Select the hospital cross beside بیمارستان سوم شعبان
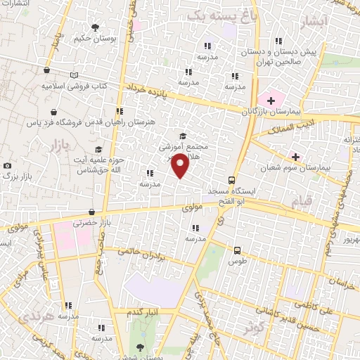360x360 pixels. coord(295,156)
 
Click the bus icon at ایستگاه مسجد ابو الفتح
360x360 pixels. coord(233,180)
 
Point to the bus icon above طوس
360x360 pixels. coord(236,250)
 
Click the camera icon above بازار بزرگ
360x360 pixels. coord(7,165)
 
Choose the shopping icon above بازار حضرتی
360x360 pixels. coord(91,212)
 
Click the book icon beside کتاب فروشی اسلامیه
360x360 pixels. coord(75,75)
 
